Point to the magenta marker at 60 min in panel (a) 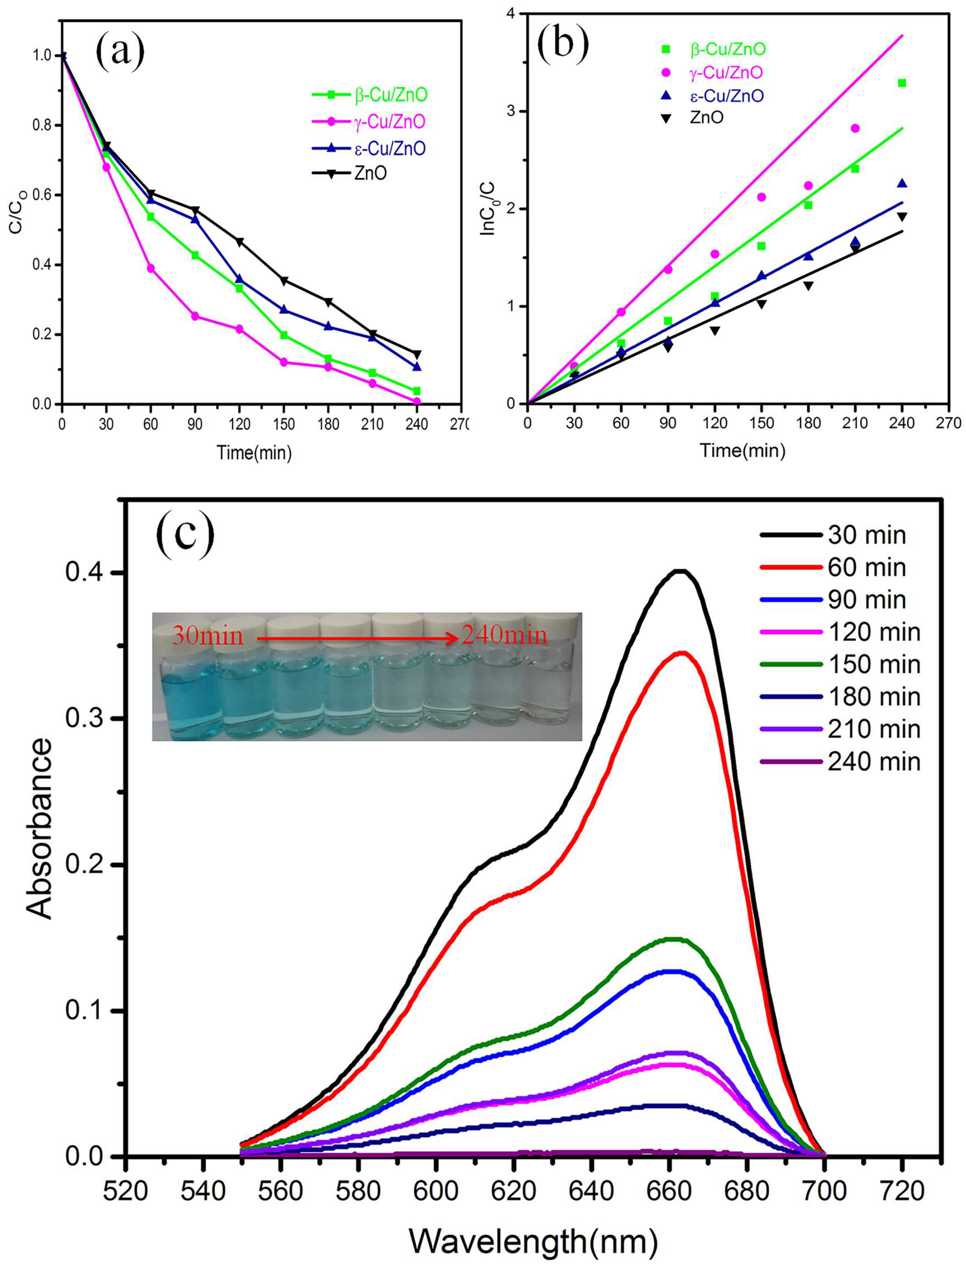(x=151, y=268)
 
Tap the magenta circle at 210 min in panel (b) (x=855, y=128)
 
